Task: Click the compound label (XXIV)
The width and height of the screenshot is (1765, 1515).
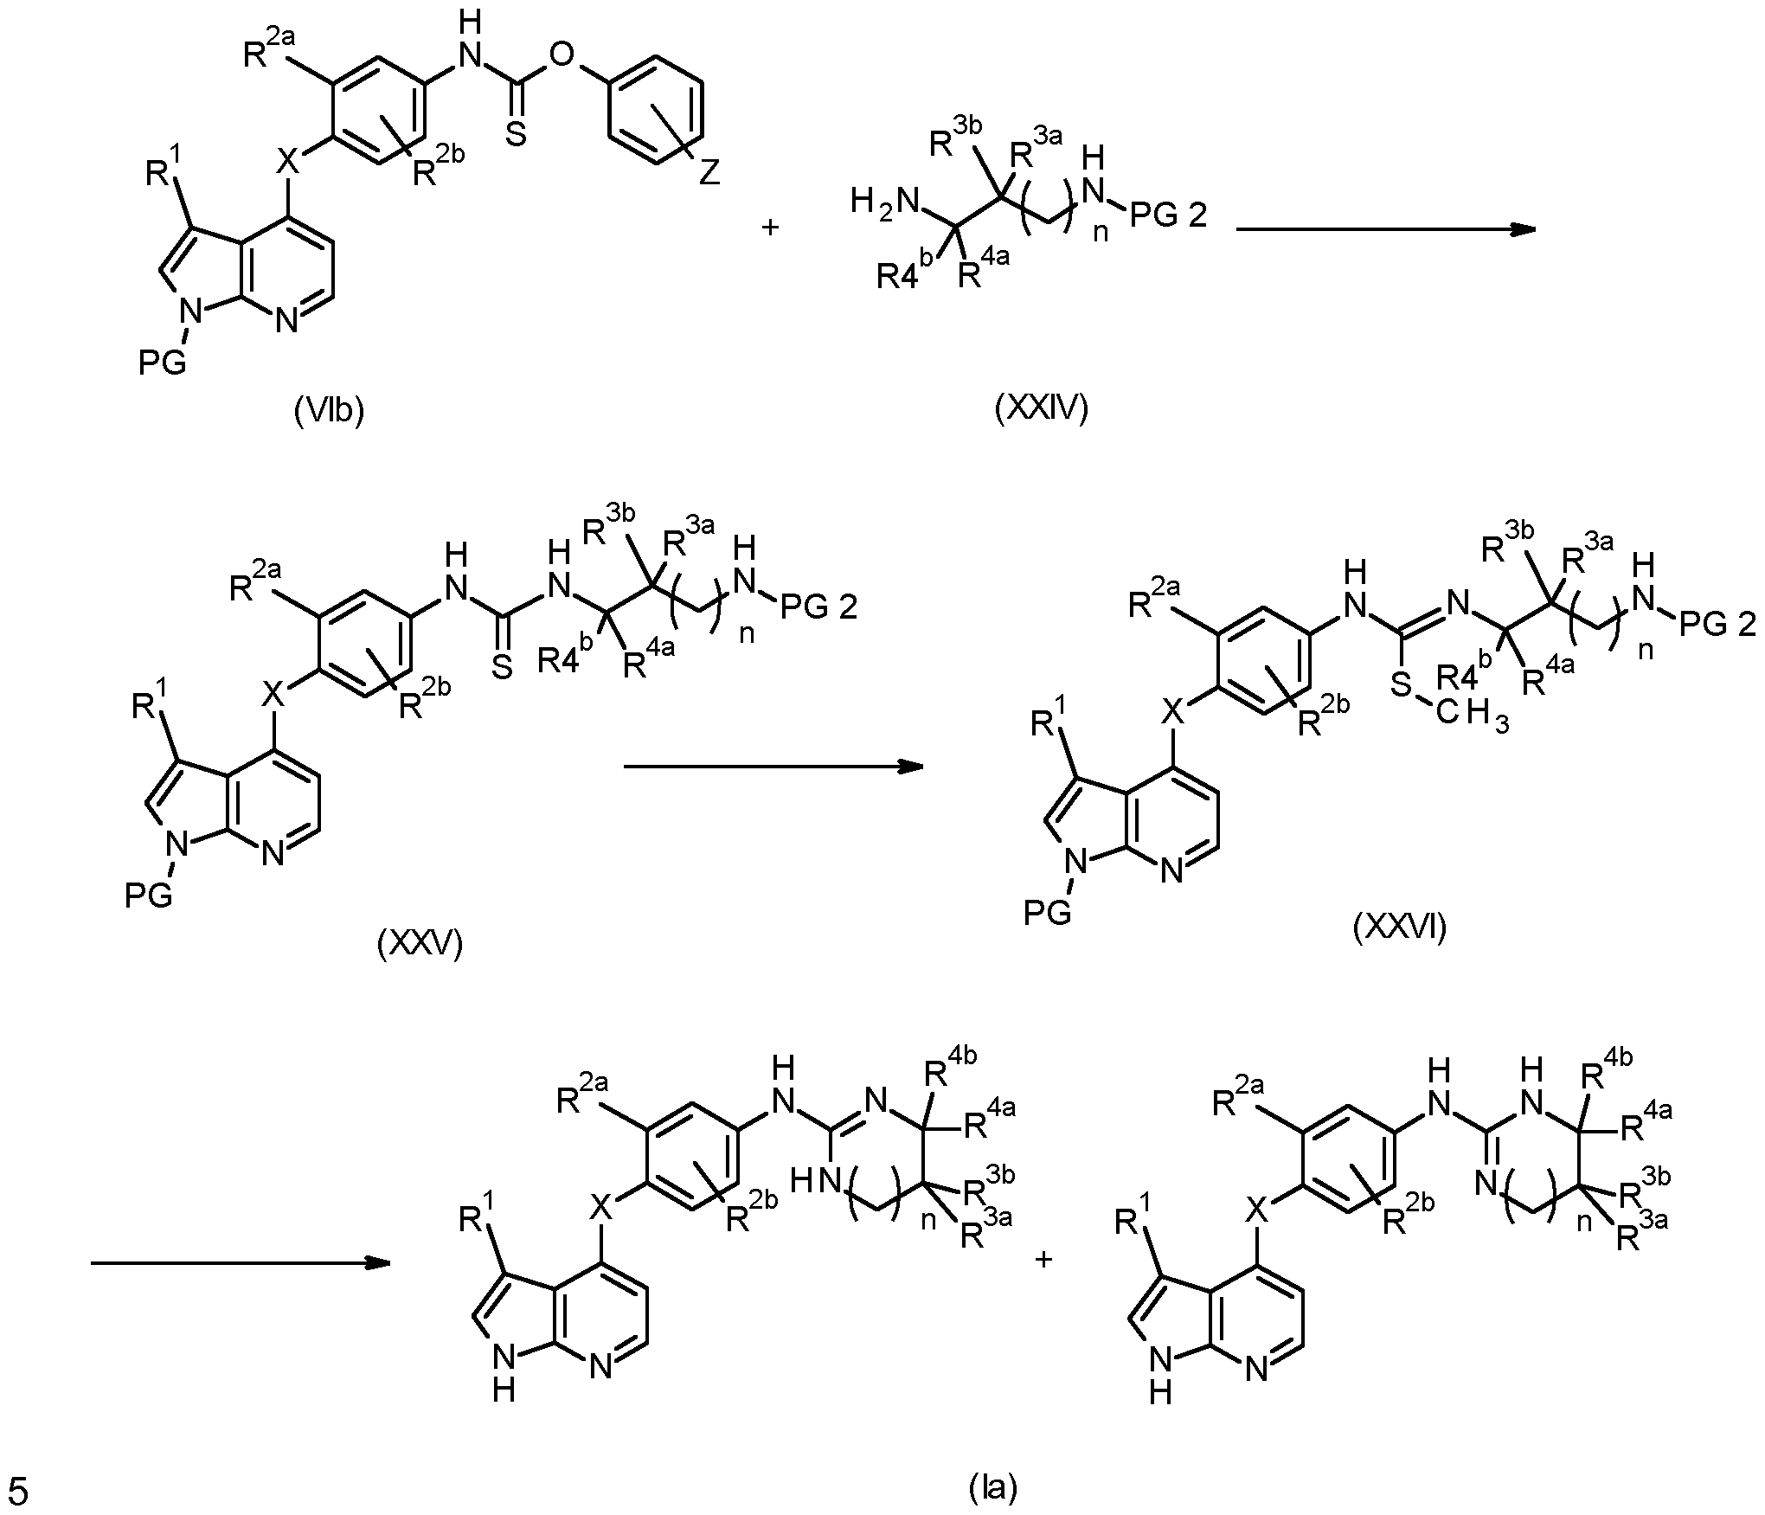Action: pyautogui.click(x=1042, y=407)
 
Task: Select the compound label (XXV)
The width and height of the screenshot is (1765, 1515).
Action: pyautogui.click(x=420, y=943)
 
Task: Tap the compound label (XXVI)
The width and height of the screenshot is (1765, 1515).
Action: pyautogui.click(x=1400, y=927)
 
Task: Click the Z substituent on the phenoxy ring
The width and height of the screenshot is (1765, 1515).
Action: pyautogui.click(x=709, y=173)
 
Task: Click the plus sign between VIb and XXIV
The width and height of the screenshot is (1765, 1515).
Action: pyautogui.click(x=769, y=228)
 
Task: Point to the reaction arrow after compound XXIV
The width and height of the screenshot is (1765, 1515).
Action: pyautogui.click(x=1386, y=229)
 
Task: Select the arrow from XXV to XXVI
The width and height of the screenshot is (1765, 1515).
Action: pyautogui.click(x=773, y=766)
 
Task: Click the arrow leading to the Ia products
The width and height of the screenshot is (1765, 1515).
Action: pyautogui.click(x=241, y=1263)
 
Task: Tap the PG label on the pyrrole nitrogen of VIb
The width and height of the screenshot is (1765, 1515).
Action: pyautogui.click(x=162, y=363)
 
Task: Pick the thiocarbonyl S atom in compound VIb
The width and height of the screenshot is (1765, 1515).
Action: pyautogui.click(x=516, y=134)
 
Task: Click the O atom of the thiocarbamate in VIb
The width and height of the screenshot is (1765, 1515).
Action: pyautogui.click(x=562, y=56)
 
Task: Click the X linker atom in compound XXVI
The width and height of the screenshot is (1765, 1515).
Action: pyautogui.click(x=1171, y=713)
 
